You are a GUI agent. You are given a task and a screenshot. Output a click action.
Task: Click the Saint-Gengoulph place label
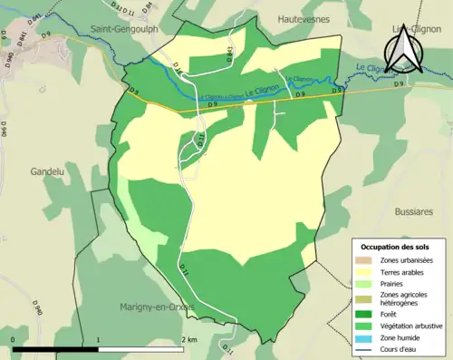coord(125,30)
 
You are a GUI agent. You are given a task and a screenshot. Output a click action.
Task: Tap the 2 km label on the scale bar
coord(188,339)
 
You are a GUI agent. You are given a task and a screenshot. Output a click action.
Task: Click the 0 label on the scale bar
coord(14,339)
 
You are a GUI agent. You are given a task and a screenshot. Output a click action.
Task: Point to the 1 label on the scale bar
coord(98,339)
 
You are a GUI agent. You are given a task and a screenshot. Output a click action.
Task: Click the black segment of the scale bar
coord(55,349)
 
